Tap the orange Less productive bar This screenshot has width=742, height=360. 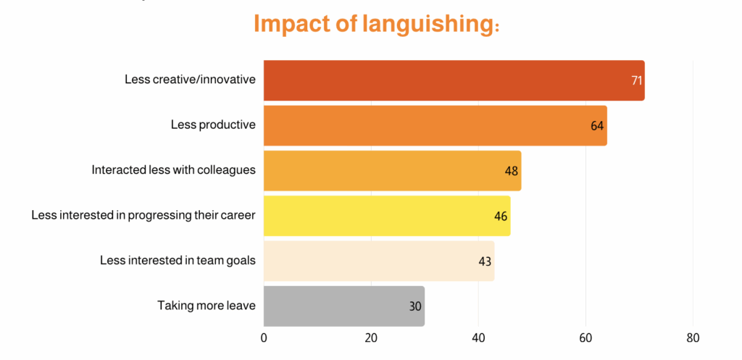click(x=435, y=125)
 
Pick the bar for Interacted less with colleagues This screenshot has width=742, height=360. click(x=392, y=171)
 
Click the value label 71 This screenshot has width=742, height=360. click(x=637, y=80)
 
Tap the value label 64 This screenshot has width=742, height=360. click(x=597, y=125)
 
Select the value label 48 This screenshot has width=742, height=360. click(x=512, y=171)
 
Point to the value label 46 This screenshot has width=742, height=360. click(x=501, y=216)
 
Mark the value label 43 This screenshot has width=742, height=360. click(x=485, y=261)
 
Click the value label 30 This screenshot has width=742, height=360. click(x=415, y=306)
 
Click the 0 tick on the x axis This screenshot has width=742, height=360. click(x=264, y=338)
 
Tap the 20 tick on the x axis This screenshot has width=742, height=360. click(x=371, y=338)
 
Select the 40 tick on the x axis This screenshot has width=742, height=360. click(x=478, y=338)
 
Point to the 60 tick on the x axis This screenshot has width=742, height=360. click(x=585, y=338)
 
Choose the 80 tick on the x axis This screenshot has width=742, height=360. click(x=693, y=338)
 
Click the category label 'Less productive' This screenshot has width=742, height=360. click(x=213, y=125)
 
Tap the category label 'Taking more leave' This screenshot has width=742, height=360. click(x=207, y=305)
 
